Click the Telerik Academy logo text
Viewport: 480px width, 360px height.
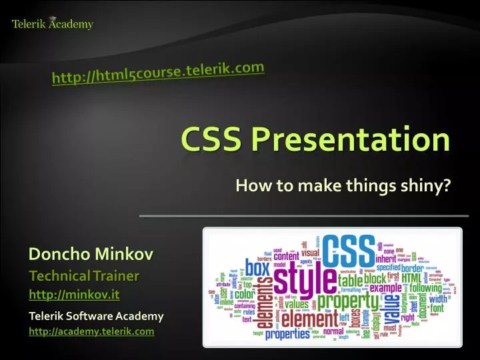(53, 25)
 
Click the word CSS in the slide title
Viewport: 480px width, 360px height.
(213, 140)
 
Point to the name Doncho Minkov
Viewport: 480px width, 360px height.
(91, 254)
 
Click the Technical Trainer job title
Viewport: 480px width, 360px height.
(84, 276)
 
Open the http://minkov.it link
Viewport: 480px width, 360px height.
(74, 293)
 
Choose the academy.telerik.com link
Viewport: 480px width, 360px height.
(91, 331)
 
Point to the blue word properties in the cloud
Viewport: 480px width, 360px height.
(293, 334)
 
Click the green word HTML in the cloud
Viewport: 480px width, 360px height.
(411, 277)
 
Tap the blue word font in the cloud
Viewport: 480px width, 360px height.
(439, 309)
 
